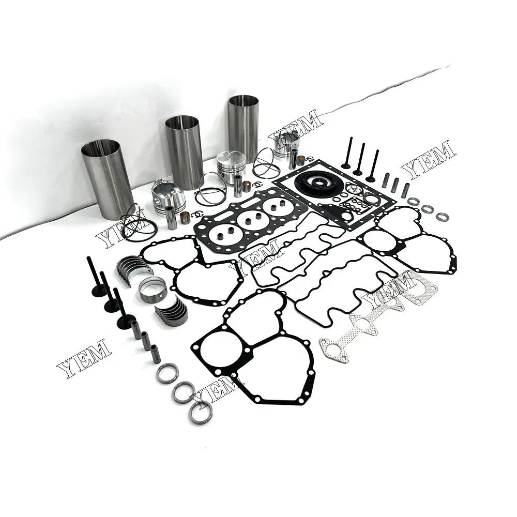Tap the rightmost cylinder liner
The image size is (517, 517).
(243, 127)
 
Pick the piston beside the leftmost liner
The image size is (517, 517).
(168, 196)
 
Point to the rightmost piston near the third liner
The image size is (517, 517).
(286, 143)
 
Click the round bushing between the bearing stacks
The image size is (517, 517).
(153, 290)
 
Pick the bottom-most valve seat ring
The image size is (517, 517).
(200, 413)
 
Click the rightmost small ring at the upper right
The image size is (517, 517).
(442, 217)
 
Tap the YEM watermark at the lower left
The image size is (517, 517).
(84, 358)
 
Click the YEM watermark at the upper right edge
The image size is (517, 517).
(429, 159)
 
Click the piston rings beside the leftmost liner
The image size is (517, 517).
(139, 223)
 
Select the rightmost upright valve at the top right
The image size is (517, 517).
(373, 165)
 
